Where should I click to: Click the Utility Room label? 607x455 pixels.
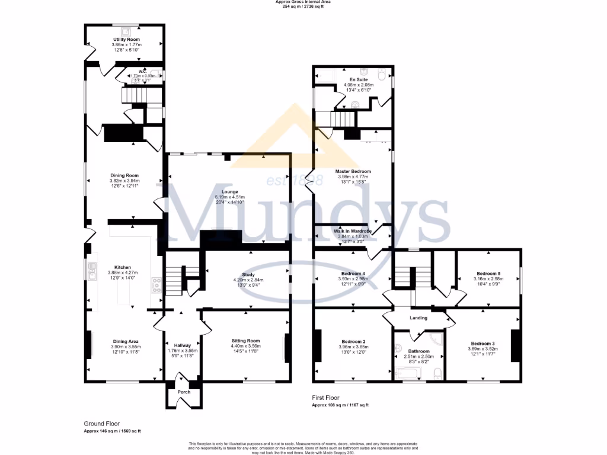click(x=124, y=40)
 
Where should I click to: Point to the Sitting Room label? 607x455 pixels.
click(x=245, y=341)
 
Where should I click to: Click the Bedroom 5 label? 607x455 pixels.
click(x=489, y=274)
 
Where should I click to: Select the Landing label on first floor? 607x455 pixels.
click(x=418, y=318)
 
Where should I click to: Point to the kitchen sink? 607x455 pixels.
click(x=92, y=270)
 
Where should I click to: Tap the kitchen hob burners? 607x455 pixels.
click(x=157, y=286)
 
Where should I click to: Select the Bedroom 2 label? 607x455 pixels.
click(x=353, y=342)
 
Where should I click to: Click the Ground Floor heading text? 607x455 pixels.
click(x=101, y=424)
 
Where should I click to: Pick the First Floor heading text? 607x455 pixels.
click(x=327, y=398)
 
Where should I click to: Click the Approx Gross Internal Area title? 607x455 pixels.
click(x=303, y=2)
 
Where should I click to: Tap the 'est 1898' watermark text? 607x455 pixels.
click(x=295, y=180)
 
